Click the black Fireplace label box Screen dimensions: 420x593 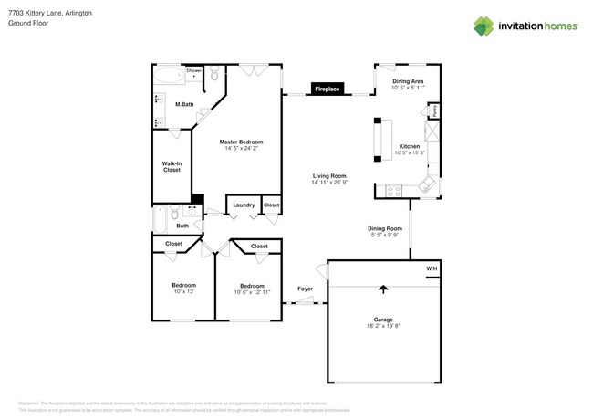coord(327,89)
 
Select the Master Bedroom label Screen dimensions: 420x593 coord(241,142)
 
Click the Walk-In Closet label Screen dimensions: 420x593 coord(171,166)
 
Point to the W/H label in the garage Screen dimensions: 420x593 coord(432,268)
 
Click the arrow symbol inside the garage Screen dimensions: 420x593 coord(383,289)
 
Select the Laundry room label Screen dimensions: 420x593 coord(244,205)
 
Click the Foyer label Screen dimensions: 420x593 coord(305,289)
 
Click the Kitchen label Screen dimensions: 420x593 coord(409,146)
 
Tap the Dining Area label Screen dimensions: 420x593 coord(407,82)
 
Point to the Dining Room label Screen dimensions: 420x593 coord(384,228)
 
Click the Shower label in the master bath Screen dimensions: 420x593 coord(193,70)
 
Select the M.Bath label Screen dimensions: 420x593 coord(184,105)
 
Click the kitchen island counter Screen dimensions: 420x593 coord(378,143)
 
